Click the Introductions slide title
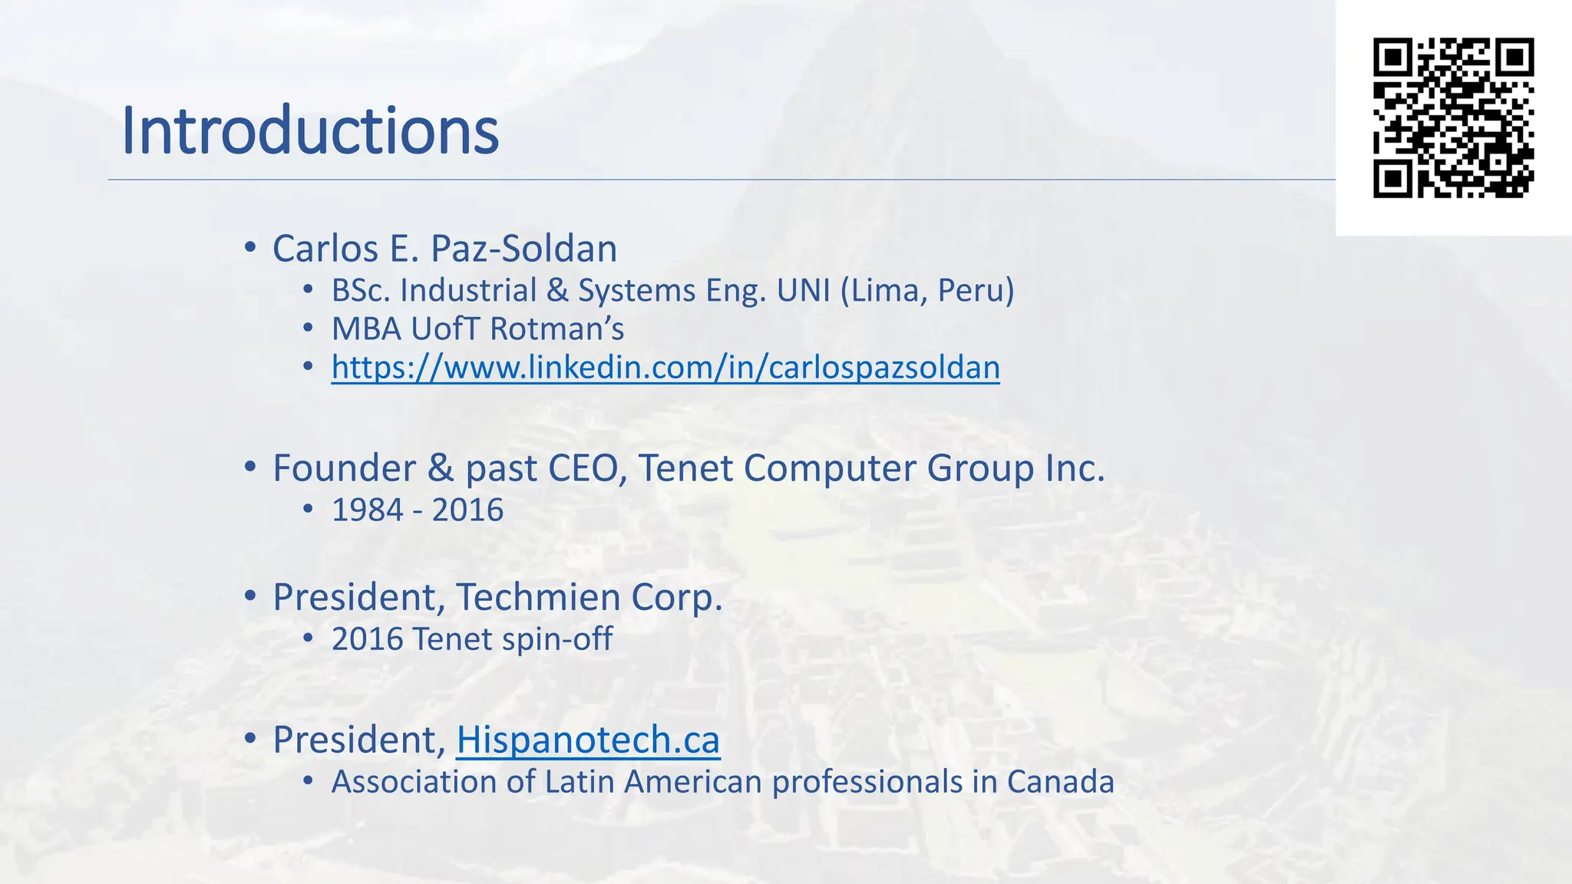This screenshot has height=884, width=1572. point(310,130)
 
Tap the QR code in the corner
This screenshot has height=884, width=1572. point(1453,117)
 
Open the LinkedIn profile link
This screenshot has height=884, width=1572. point(665,368)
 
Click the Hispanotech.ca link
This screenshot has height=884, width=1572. point(588,740)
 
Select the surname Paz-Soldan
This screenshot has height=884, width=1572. point(523,249)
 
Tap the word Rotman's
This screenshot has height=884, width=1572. point(556,329)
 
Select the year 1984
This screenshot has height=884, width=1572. point(368,510)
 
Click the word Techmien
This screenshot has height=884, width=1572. point(538,597)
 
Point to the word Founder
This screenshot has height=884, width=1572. point(344,468)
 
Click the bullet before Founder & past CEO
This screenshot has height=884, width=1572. point(249,467)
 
